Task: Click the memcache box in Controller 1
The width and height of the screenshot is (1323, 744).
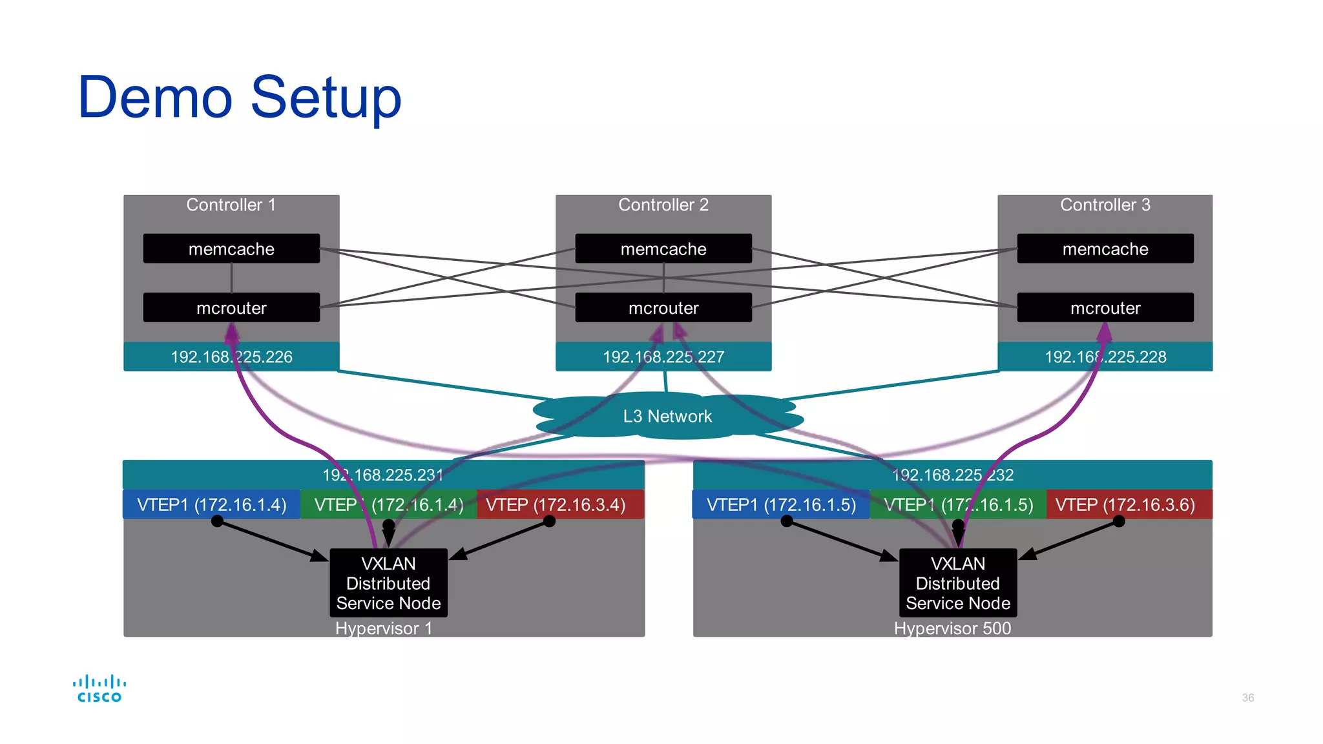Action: (231, 249)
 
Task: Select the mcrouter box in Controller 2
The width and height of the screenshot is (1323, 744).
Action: (663, 308)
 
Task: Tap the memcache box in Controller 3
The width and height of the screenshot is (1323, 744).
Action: (1105, 249)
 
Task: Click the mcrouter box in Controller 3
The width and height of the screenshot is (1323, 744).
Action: (1105, 308)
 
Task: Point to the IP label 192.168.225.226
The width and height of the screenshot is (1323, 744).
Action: (231, 357)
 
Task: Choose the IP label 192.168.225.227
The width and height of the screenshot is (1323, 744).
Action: (663, 357)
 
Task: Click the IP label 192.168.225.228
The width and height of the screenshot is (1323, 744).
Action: (1105, 357)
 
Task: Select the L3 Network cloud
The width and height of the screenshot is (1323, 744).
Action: (667, 417)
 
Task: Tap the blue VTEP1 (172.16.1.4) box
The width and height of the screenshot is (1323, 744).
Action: (211, 504)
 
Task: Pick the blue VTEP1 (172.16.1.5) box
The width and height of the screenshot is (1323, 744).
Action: (781, 504)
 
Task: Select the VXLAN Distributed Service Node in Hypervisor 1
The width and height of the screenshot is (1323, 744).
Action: (388, 583)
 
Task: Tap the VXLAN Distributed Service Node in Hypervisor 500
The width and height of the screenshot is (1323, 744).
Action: (958, 583)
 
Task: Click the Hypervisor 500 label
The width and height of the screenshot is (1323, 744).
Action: (952, 628)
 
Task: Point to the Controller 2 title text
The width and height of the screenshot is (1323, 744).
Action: (663, 205)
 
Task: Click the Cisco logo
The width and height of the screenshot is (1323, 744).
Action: (99, 688)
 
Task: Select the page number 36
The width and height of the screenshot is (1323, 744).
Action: (1247, 697)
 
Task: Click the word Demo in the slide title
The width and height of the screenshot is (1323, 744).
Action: (155, 98)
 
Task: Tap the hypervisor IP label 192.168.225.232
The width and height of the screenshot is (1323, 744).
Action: (953, 475)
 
